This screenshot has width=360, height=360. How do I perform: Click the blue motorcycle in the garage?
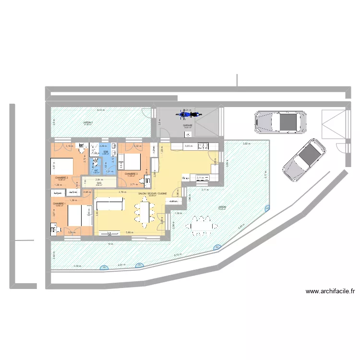click(189, 115)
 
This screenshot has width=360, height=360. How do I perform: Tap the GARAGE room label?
click(188, 125)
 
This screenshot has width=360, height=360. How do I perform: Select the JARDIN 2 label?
click(87, 123)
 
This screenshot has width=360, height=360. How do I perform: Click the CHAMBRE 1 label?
click(60, 204)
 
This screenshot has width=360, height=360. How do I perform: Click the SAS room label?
click(99, 183)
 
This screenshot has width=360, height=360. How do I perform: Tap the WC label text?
click(96, 170)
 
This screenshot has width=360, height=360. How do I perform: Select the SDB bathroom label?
click(105, 152)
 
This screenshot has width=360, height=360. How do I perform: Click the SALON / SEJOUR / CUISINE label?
click(153, 193)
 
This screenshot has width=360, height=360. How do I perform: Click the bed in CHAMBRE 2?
click(62, 166)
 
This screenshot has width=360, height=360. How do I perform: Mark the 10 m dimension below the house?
click(110, 244)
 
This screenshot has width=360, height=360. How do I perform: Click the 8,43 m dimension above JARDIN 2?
click(100, 110)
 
